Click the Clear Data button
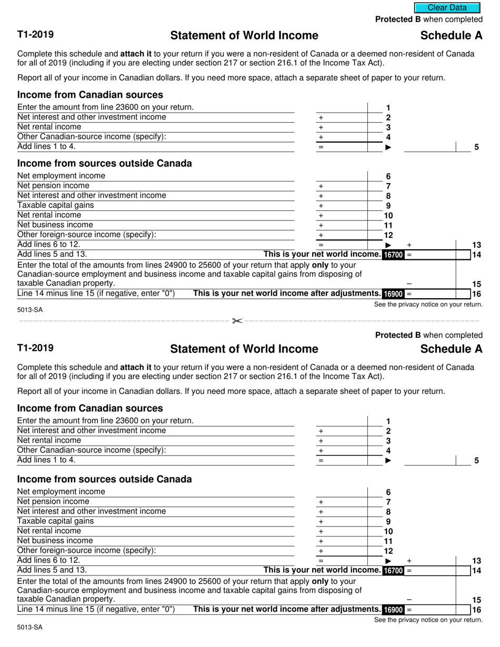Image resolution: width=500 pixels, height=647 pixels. point(447,8)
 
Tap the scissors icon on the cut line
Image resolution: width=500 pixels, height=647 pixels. point(237,321)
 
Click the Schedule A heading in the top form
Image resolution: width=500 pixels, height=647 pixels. point(451,36)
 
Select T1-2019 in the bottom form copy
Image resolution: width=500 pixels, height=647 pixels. point(35,348)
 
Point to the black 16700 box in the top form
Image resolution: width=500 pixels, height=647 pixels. point(393,255)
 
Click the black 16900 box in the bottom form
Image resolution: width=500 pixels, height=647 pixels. point(393,610)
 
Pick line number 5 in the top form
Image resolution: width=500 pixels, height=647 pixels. point(476,147)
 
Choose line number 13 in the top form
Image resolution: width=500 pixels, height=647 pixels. point(477,245)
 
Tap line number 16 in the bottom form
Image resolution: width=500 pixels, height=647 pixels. point(477,610)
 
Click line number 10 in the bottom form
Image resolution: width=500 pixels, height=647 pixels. point(388,531)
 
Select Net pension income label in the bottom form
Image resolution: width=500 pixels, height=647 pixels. point(53,502)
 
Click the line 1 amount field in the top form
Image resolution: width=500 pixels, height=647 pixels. point(341,107)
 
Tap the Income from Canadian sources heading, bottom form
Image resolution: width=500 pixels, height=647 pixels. point(90,409)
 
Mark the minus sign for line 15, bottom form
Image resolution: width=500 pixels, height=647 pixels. point(409,600)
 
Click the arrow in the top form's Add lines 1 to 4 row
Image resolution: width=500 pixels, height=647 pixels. point(388,147)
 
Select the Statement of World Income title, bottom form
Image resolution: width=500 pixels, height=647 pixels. point(244,349)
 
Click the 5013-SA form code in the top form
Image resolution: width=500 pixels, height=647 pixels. point(30,310)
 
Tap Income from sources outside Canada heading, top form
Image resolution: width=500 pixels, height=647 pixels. point(104,164)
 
